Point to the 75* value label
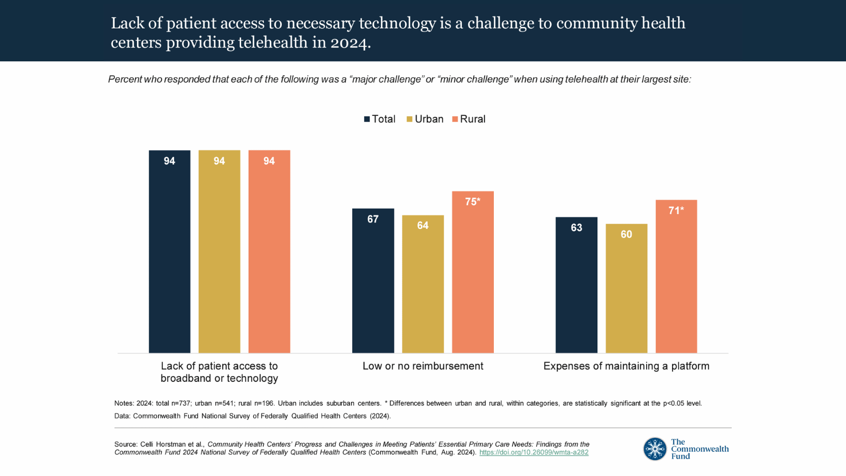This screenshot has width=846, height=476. [473, 202]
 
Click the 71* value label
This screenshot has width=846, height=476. [676, 210]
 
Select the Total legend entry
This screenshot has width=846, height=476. [380, 119]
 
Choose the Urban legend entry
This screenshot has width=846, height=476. [425, 119]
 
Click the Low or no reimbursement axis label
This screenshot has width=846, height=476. [422, 366]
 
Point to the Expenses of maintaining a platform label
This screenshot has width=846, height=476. [626, 366]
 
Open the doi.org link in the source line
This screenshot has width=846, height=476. [534, 453]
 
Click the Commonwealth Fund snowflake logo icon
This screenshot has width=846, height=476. [655, 449]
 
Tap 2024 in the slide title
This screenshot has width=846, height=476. [348, 42]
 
